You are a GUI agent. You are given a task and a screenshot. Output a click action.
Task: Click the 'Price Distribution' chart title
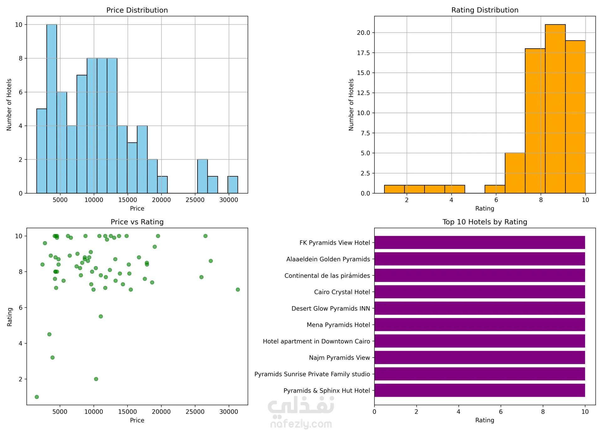point(137,10)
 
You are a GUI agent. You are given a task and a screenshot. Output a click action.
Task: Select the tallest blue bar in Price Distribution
point(52,109)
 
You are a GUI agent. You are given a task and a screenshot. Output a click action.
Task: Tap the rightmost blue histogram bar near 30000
point(233,185)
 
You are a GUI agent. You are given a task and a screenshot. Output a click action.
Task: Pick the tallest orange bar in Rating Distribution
point(555,109)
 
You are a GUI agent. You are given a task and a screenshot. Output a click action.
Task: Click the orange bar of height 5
point(515,173)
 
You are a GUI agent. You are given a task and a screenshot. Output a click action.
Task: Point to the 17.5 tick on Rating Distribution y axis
point(363,53)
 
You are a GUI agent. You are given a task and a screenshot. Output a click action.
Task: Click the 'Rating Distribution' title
point(485,10)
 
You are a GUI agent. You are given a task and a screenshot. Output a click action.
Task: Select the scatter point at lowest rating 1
point(37,397)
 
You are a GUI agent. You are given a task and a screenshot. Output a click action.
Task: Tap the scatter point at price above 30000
point(238,289)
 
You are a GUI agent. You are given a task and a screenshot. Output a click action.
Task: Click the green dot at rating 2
point(96,379)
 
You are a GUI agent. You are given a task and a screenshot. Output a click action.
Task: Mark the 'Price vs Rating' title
point(137,222)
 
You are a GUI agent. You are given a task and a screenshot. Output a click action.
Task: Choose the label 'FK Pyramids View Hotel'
point(335,243)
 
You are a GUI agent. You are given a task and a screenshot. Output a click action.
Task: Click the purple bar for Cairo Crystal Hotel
point(479,292)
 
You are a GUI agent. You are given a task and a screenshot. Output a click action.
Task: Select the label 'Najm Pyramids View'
point(339,358)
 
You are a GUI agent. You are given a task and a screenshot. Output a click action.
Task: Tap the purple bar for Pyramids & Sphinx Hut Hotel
point(479,390)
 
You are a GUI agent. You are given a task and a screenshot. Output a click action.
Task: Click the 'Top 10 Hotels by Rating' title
point(485,222)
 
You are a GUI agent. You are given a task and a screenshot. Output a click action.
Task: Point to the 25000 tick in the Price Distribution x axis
point(195,200)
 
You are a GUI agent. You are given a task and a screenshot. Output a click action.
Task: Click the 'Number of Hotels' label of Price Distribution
point(9,105)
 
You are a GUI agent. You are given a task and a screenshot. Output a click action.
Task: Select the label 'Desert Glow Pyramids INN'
point(330,308)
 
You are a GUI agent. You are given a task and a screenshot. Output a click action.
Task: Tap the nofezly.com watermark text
point(301,424)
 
